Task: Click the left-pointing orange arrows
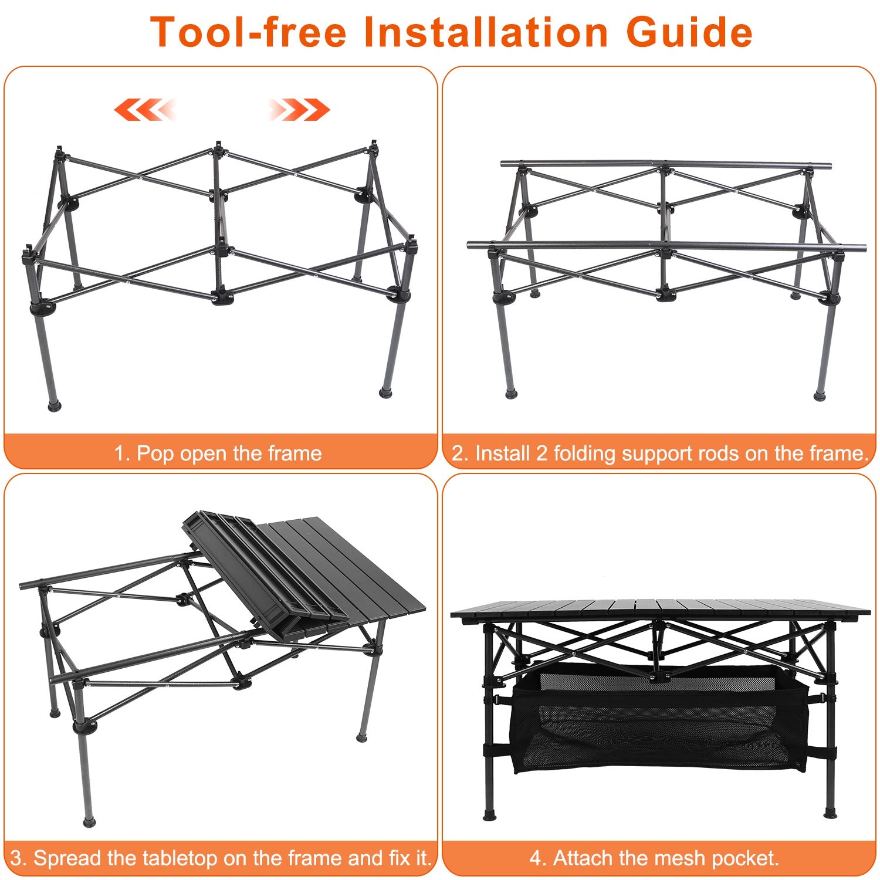[x=144, y=110]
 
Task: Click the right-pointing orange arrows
[x=299, y=110]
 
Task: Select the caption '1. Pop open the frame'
[x=218, y=453]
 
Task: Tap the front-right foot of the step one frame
[x=385, y=392]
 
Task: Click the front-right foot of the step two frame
[x=820, y=396]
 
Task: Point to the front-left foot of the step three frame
[x=89, y=821]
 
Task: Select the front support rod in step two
[x=666, y=245]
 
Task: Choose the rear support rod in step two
[x=666, y=164]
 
